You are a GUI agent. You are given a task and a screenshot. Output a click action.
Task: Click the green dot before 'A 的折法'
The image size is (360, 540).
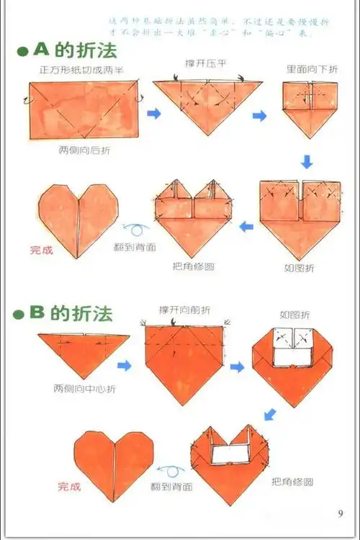point(23,53)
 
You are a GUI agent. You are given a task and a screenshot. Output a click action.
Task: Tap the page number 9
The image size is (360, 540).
point(340,513)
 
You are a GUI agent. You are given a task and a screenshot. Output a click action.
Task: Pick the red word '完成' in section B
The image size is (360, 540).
point(69,487)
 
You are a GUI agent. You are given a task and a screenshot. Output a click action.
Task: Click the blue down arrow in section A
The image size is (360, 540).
point(307,161)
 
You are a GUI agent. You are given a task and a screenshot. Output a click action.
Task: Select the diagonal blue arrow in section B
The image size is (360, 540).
point(270,414)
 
